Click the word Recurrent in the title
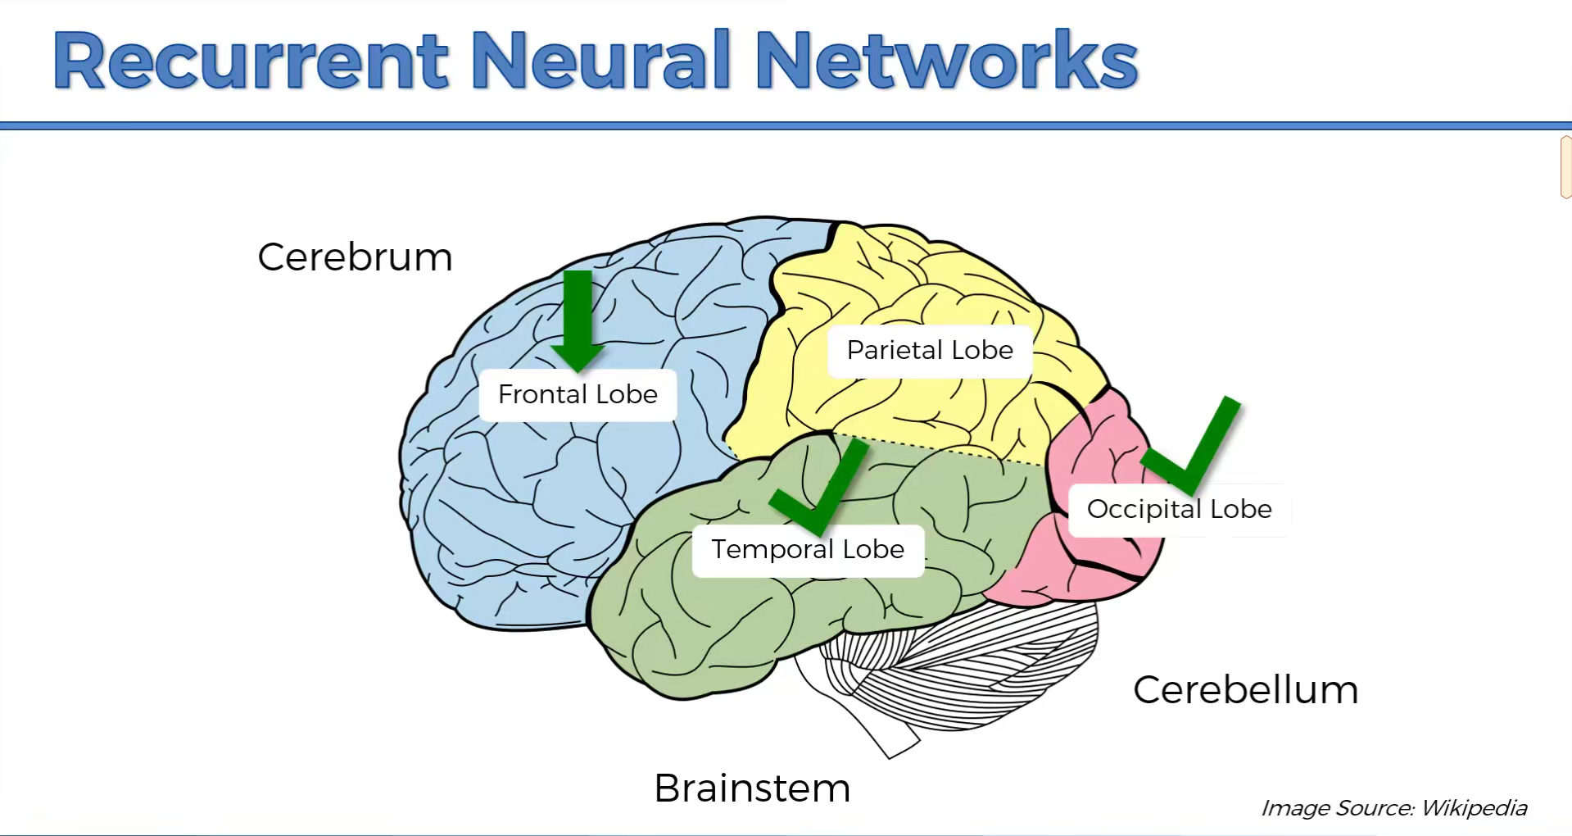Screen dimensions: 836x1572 pos(251,61)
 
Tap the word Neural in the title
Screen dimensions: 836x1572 pos(600,61)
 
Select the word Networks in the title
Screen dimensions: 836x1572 pos(946,61)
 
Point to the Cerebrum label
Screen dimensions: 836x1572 pos(355,257)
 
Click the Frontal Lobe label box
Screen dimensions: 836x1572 pos(578,395)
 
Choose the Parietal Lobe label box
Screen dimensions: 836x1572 pos(930,351)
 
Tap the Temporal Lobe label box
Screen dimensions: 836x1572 pos(808,550)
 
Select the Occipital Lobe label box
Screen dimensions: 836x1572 pos(1179,510)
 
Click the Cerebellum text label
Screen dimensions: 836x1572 pos(1245,690)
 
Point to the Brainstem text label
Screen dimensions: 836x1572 pos(752,788)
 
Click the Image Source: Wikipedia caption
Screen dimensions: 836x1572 pos(1393,808)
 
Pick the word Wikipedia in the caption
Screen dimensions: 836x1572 pos(1474,808)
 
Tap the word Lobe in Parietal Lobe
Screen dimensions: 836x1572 pos(982,351)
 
